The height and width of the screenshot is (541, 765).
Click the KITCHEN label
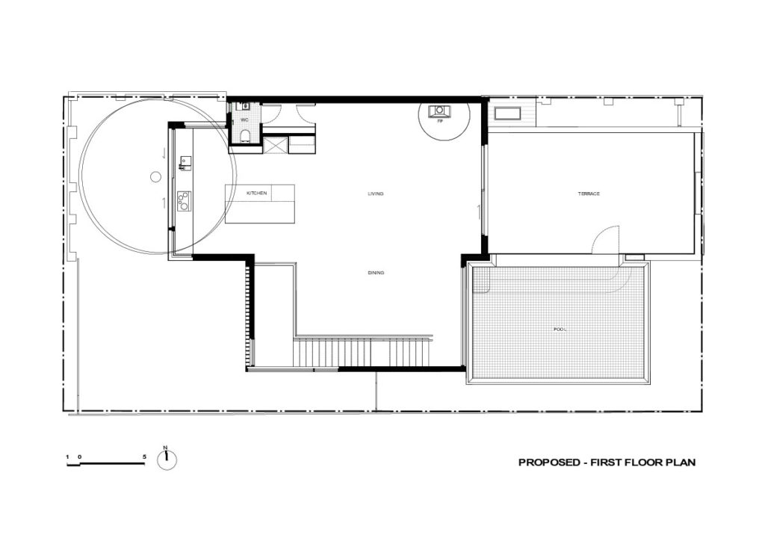pos(257,194)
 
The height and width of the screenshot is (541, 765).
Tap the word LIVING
pos(375,194)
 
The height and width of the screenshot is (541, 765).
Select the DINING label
pos(376,273)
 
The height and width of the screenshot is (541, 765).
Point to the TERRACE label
pos(589,194)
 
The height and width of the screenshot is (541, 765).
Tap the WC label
pos(244,120)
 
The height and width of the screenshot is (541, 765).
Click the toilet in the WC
pos(245,135)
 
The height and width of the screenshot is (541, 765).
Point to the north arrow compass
pos(167,460)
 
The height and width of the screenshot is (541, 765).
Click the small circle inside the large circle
pos(155,177)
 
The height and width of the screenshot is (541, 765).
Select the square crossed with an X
pos(274,144)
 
